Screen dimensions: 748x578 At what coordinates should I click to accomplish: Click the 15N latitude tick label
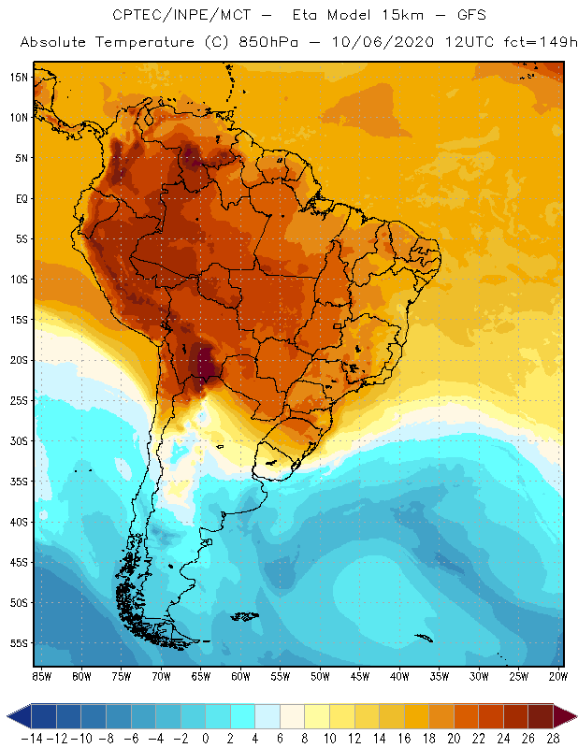pyautogui.click(x=19, y=77)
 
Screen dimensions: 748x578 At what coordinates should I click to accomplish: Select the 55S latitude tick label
pyautogui.click(x=19, y=643)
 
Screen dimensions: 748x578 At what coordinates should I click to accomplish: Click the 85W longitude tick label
pyautogui.click(x=41, y=675)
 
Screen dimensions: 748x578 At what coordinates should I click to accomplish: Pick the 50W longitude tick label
pyautogui.click(x=321, y=675)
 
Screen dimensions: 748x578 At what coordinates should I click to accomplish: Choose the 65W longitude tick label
pyautogui.click(x=201, y=675)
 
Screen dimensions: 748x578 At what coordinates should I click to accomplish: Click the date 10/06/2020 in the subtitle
pyautogui.click(x=363, y=43)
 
